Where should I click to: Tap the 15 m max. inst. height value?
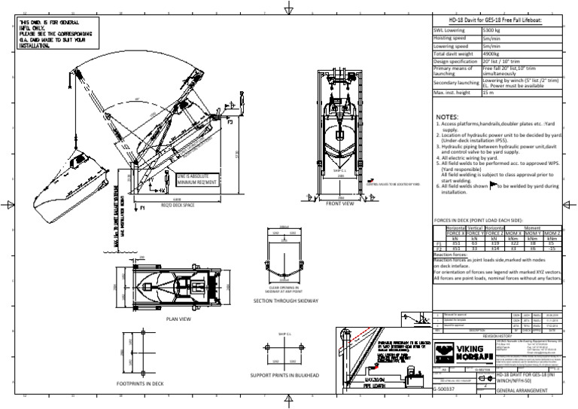pyautogui.click(x=488, y=93)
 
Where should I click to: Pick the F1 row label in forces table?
pyautogui.click(x=439, y=243)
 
